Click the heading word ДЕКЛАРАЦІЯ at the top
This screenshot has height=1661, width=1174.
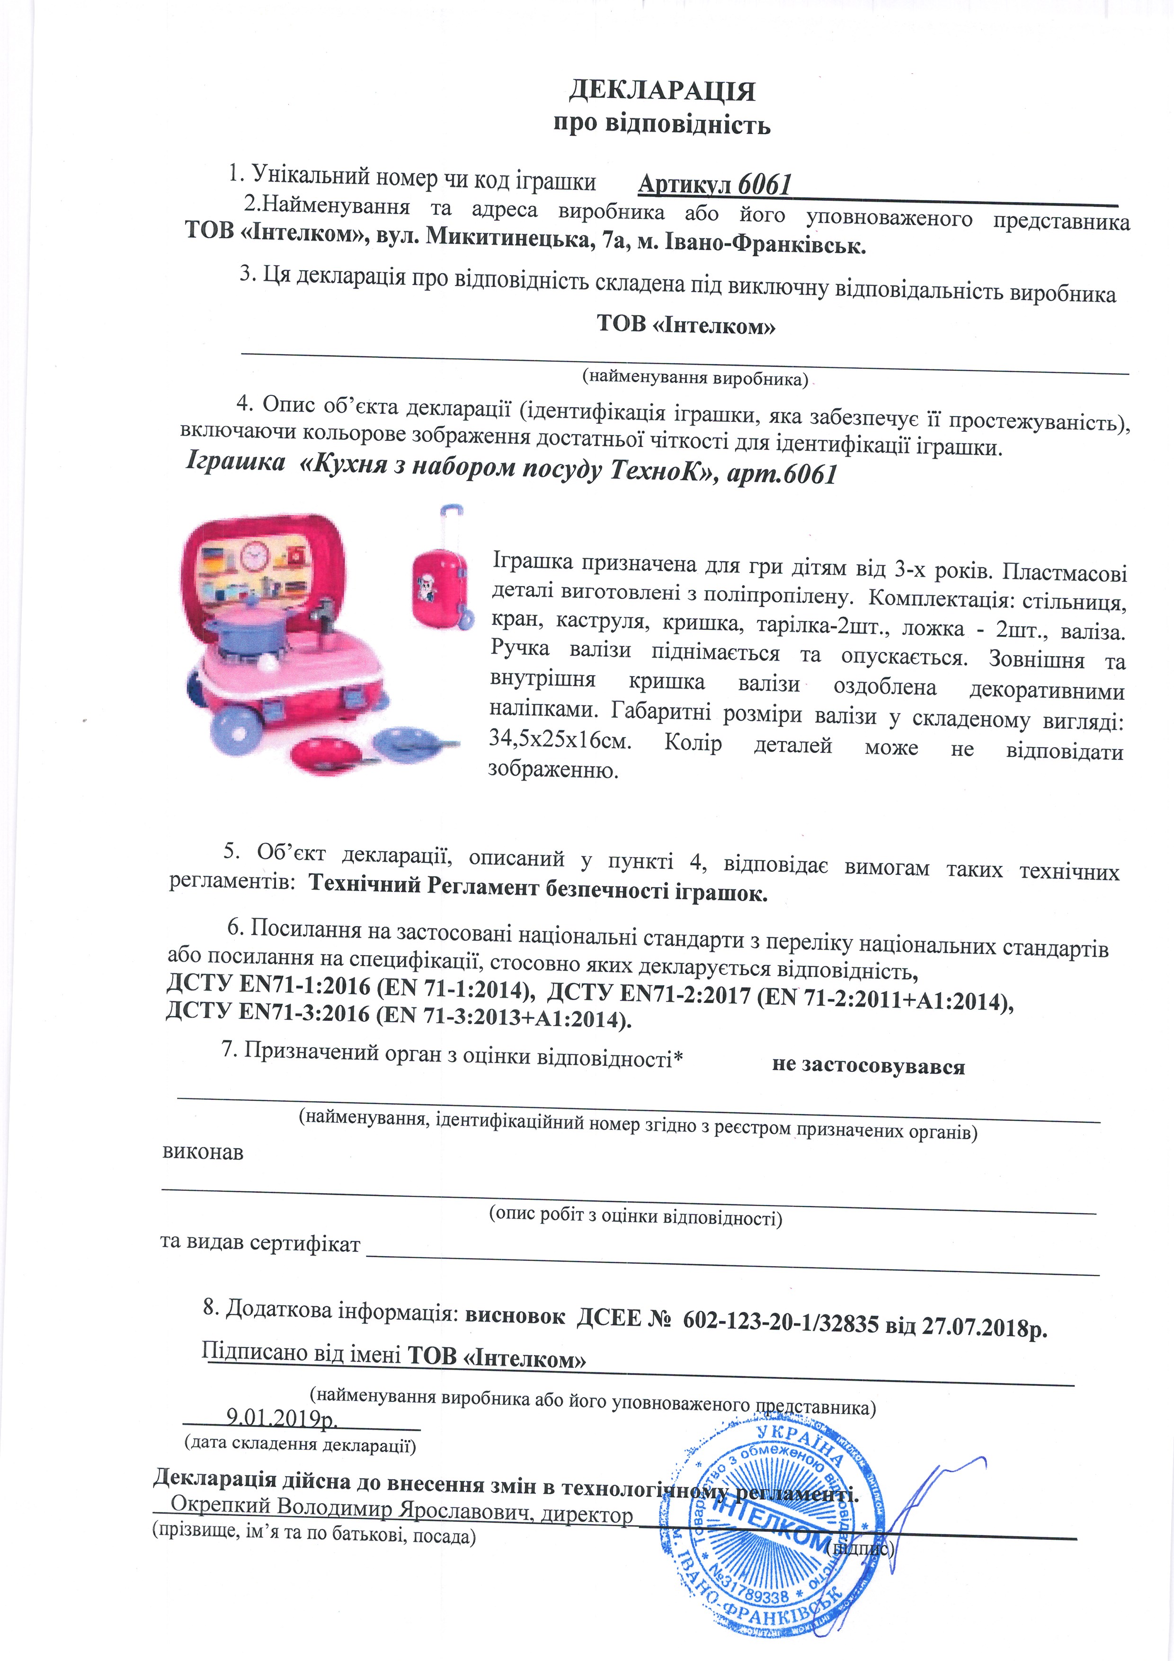click(x=662, y=91)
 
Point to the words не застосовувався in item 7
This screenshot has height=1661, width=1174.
click(x=868, y=1066)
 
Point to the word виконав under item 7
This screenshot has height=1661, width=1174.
click(x=203, y=1152)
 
